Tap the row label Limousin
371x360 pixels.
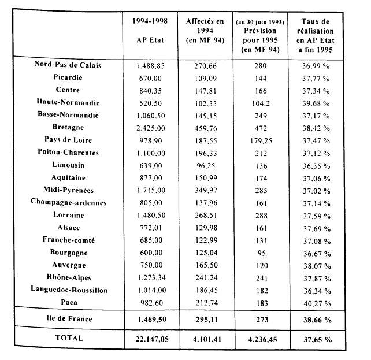[69, 165]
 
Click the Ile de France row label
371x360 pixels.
[69, 318]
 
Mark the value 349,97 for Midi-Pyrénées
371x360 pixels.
[205, 190]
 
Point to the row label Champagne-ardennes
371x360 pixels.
[69, 202]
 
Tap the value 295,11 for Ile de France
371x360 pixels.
[205, 318]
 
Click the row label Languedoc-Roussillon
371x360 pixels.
[69, 290]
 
